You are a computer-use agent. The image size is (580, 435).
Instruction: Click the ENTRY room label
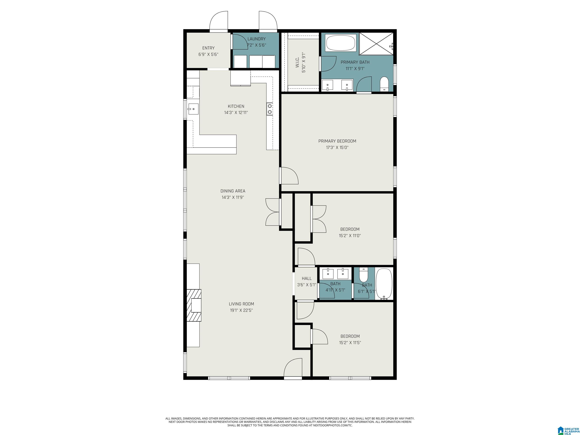pos(208,48)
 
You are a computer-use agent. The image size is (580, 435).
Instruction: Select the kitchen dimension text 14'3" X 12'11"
pos(236,113)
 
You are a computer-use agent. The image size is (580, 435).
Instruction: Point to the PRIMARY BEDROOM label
pos(337,141)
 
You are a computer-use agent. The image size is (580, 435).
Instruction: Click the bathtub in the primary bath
pos(341,43)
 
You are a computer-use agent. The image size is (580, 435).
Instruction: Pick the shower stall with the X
pos(376,44)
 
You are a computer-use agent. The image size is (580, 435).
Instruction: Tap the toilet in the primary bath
pos(384,84)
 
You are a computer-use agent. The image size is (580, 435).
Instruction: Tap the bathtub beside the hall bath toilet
pos(384,284)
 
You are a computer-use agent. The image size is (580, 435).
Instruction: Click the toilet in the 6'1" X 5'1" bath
pos(364,275)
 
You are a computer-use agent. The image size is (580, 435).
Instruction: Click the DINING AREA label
pos(233,191)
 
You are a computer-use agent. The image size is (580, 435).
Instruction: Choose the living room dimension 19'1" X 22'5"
pos(241,310)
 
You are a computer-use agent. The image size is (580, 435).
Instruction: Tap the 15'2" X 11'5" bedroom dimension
pos(350,342)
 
